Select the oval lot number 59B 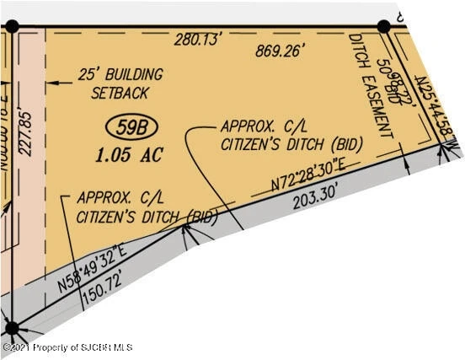click(132, 128)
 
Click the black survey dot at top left click(12, 26)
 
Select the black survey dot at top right click(383, 26)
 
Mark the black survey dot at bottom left click(12, 328)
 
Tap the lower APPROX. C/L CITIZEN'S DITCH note click(147, 207)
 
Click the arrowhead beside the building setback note click(51, 82)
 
